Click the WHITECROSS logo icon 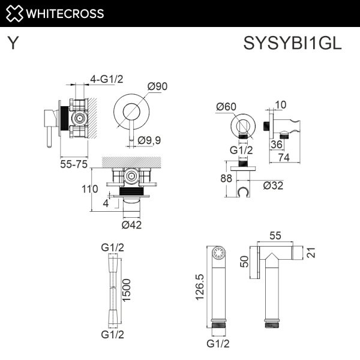tap(14, 13)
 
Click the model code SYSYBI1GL tap(292, 44)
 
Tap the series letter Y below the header tap(13, 44)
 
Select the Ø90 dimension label tap(157, 86)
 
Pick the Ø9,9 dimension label tap(150, 140)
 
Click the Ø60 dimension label tap(226, 106)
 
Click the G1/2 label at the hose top tap(112, 248)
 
